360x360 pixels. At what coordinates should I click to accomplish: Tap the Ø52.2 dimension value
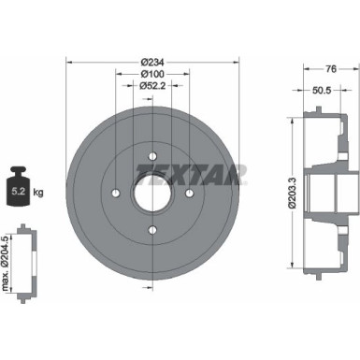151,85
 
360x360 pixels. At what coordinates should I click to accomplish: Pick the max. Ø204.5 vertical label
10,268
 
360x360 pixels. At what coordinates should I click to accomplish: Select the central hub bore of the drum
151,194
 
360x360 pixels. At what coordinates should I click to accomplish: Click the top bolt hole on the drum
151,156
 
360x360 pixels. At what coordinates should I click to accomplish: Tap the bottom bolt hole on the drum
151,231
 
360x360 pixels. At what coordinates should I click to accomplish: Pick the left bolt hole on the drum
114,194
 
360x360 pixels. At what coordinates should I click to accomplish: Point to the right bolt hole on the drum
188,194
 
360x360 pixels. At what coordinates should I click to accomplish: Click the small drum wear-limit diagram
30,268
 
